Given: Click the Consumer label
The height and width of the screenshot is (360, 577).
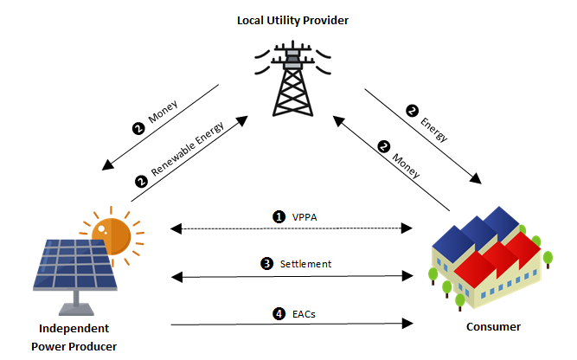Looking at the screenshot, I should (492, 327).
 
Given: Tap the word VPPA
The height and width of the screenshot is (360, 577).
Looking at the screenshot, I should (305, 217).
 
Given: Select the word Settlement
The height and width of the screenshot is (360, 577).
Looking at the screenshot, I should (305, 263).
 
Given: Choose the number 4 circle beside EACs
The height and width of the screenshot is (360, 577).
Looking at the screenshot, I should (279, 312).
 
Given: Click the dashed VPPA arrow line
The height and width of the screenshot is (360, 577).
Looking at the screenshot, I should (291, 229).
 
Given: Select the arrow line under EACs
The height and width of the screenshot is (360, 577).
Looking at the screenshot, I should (291, 325).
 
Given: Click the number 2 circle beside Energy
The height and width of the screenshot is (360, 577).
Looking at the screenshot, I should (412, 109).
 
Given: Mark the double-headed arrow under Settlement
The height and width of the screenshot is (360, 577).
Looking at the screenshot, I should (291, 277).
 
